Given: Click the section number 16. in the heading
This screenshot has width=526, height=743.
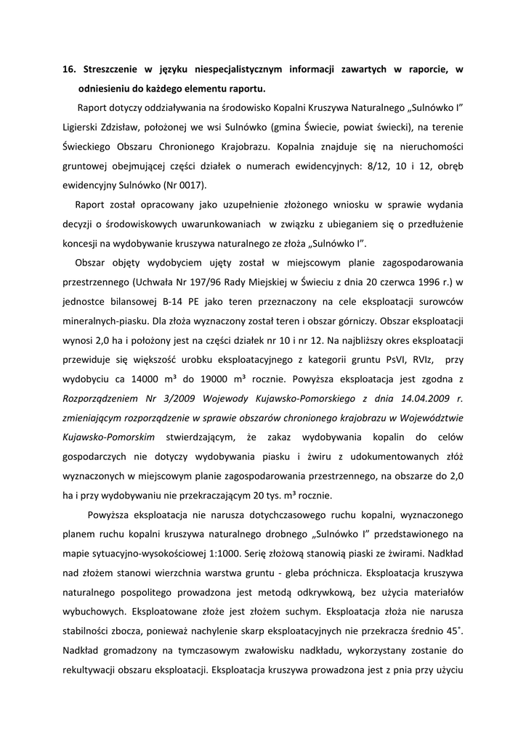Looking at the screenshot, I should coord(70,70).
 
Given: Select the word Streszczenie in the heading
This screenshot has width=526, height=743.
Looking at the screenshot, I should coord(113,70).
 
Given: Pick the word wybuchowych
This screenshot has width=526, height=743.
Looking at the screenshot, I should coord(94,611).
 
